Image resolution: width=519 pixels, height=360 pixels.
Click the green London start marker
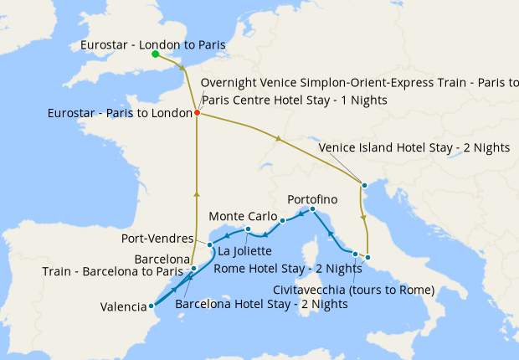tap(155, 54)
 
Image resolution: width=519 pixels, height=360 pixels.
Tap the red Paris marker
tap(197, 112)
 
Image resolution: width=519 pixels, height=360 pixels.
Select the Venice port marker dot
tap(364, 184)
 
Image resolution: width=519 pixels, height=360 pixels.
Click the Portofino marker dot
tap(311, 208)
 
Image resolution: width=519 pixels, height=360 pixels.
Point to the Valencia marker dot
tap(151, 306)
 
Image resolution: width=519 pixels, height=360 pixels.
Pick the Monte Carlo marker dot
tap(282, 221)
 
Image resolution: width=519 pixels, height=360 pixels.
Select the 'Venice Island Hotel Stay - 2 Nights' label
tap(414, 147)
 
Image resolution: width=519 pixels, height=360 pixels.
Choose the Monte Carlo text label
tap(244, 216)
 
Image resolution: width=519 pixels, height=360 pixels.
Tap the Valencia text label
tap(123, 307)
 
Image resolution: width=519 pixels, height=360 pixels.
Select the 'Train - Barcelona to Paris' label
tap(114, 271)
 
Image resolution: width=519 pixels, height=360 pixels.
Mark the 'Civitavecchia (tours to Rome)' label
tap(354, 291)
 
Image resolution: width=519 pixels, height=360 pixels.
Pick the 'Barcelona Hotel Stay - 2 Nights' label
tap(261, 304)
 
